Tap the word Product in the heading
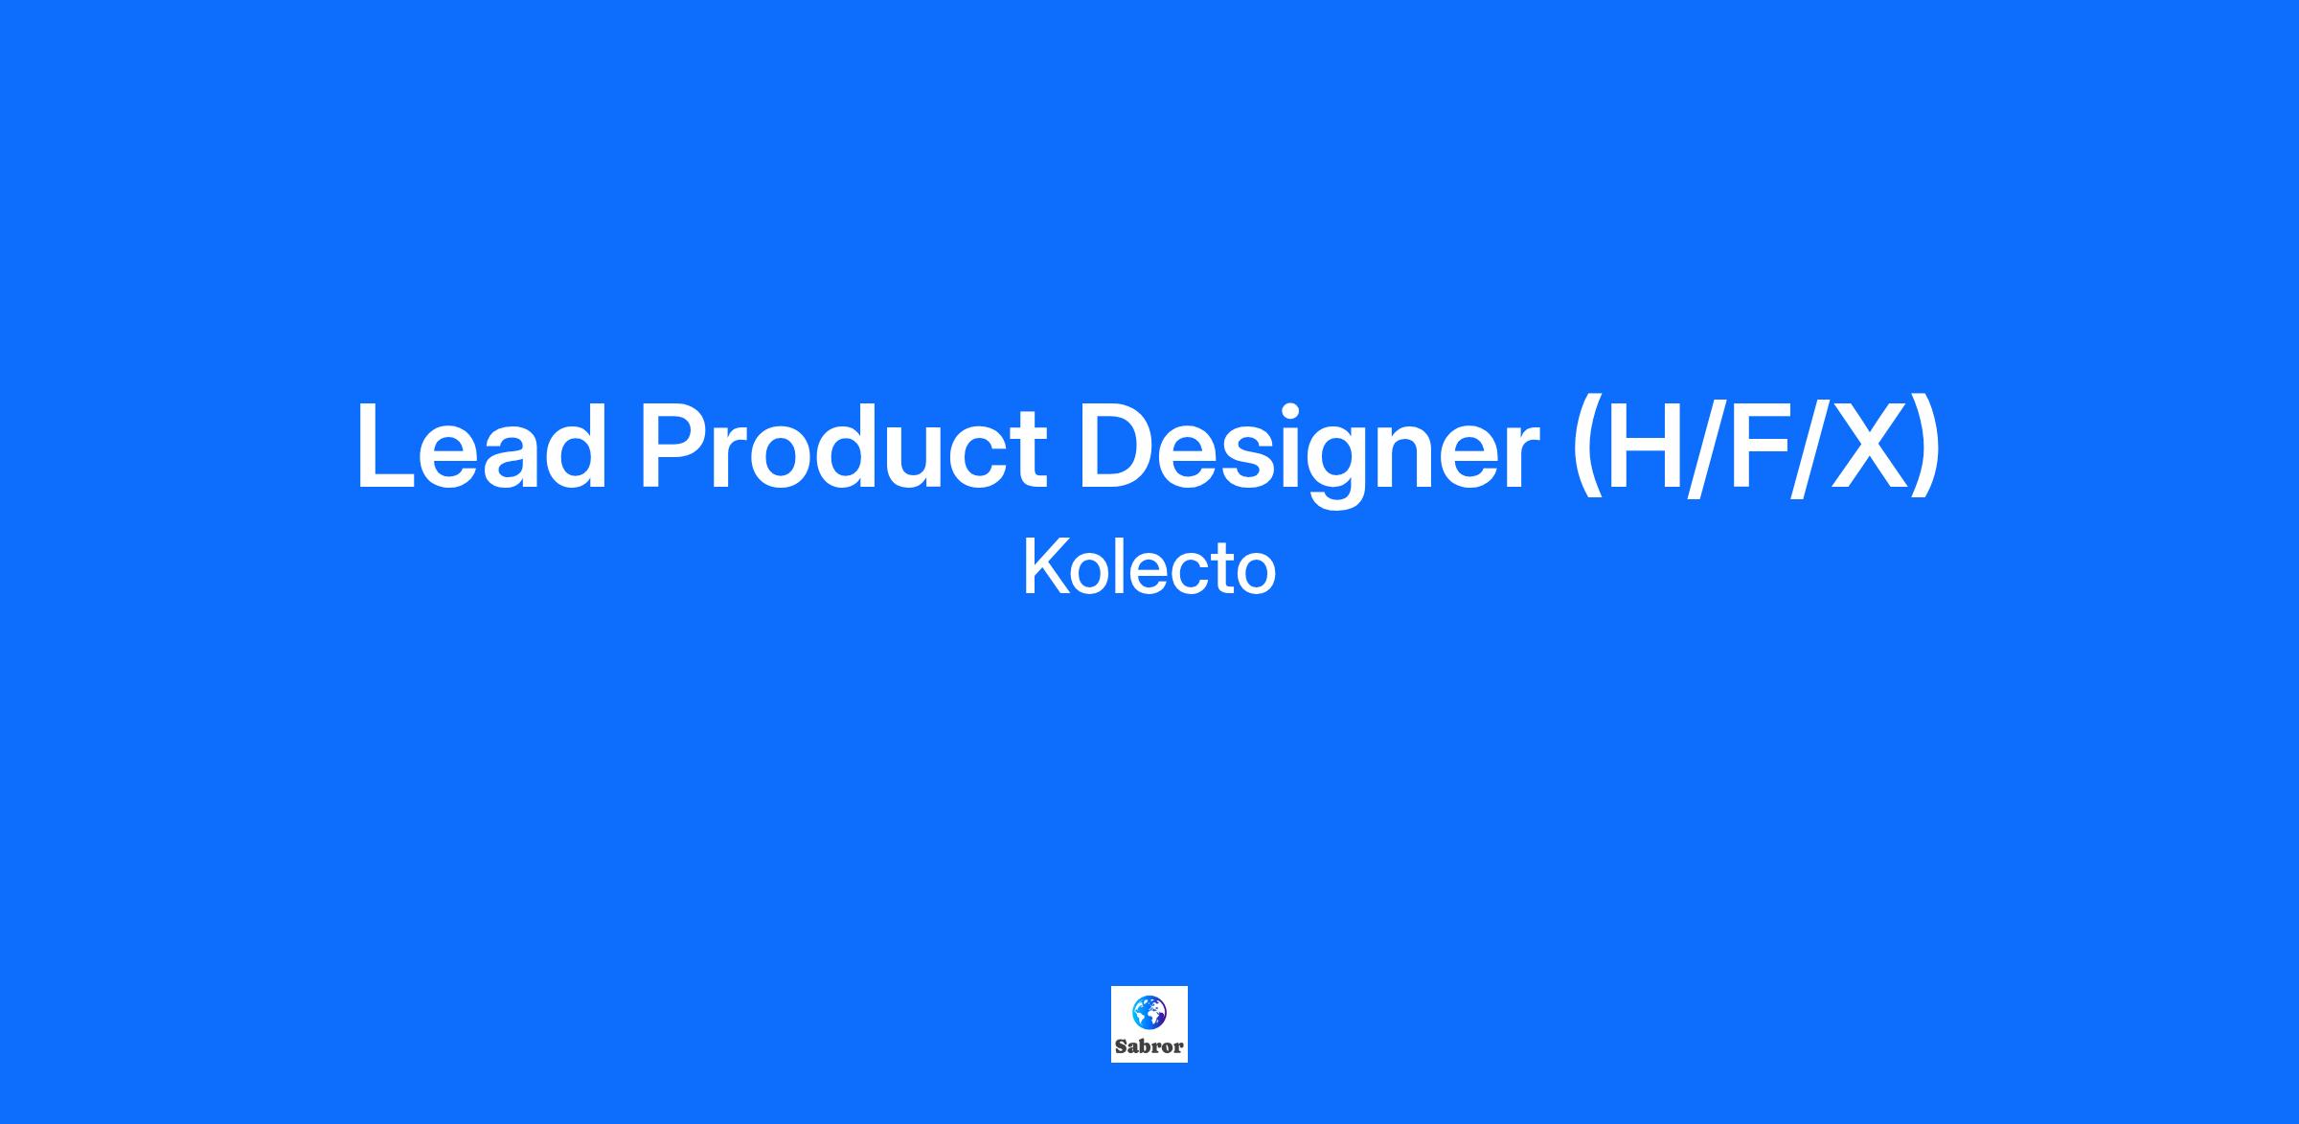(843, 447)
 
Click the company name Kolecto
(1149, 567)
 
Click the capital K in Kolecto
(1046, 566)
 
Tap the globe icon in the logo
(1149, 1012)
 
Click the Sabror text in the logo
(1149, 1046)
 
